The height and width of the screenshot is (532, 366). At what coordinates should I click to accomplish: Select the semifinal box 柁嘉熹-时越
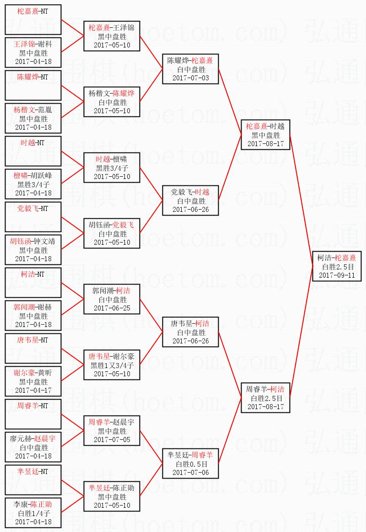265,135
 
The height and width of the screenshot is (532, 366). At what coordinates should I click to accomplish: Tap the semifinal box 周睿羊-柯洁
265,398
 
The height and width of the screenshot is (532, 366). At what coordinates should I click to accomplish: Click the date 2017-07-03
190,78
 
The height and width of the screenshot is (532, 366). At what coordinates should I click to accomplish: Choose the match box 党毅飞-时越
190,200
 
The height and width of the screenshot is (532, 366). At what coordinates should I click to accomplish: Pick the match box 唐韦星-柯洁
190,332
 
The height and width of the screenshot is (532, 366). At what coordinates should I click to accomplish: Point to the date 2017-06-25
112,308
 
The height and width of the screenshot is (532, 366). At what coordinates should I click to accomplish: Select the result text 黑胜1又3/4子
112,365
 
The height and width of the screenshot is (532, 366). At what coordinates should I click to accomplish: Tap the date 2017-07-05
112,440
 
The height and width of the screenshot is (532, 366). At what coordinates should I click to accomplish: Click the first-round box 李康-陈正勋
33,513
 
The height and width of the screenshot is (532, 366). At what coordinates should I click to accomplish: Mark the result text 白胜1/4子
33,513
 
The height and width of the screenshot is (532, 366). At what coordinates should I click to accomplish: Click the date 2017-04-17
33,390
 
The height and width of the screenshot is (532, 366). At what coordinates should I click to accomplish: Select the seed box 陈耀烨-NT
33,85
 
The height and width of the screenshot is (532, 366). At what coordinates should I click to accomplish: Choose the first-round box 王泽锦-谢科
33,53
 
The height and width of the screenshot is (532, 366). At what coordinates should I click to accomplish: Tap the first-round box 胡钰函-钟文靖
33,250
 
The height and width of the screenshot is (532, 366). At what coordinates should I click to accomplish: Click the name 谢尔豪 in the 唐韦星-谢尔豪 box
123,356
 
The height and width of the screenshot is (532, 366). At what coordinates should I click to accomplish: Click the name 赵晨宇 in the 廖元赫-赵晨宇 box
45,438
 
